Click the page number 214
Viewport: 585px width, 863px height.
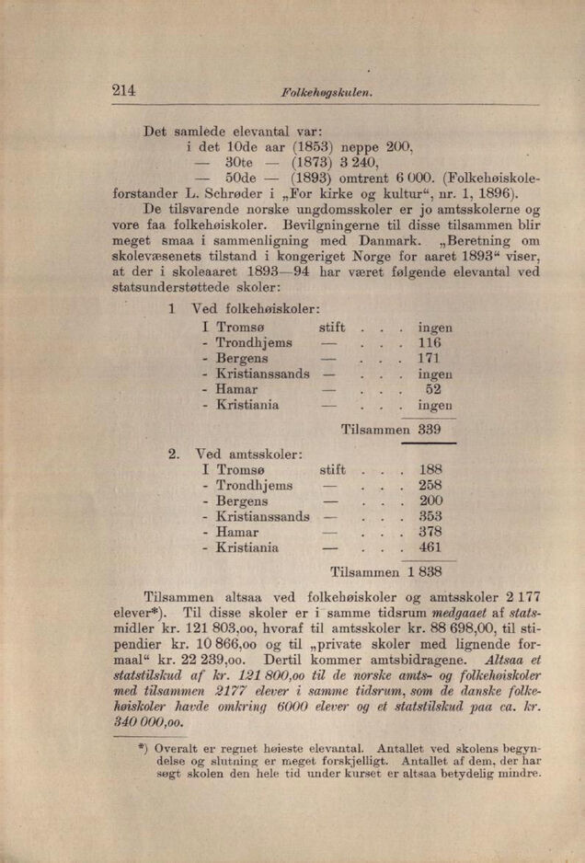(x=124, y=90)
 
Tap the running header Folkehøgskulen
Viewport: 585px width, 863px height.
(x=321, y=93)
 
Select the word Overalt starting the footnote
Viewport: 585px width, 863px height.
(x=181, y=748)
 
